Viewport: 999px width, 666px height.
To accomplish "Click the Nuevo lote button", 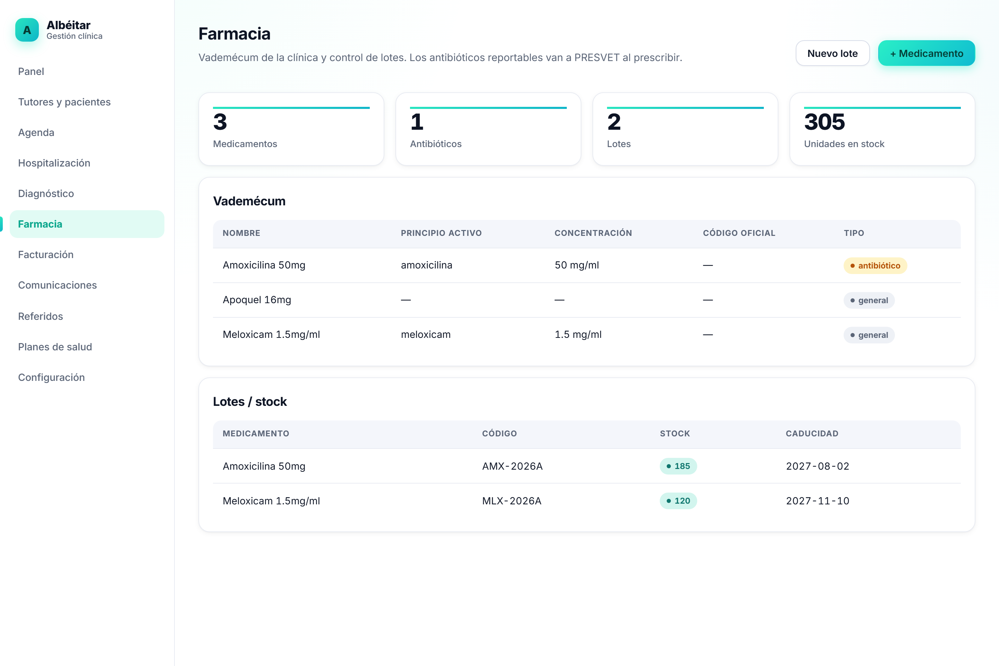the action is (832, 53).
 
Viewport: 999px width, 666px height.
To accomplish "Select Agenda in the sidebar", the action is (36, 133).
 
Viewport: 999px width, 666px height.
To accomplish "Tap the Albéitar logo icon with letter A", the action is (27, 30).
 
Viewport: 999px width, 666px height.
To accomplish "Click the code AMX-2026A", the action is (512, 466).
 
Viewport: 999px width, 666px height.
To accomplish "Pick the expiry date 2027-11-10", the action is (818, 501).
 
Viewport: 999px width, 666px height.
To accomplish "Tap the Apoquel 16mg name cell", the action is (257, 300).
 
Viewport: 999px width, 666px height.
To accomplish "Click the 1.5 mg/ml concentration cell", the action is (578, 335).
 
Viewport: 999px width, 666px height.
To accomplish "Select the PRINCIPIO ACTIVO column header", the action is (441, 233).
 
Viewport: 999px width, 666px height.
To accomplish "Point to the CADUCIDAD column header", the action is (812, 433).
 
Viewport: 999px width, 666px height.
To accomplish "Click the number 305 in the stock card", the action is (825, 122).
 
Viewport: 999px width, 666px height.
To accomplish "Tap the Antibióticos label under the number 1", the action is (436, 144).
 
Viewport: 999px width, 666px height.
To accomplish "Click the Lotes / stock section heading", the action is (250, 401).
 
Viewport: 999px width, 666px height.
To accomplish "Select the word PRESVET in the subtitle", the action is (597, 57).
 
